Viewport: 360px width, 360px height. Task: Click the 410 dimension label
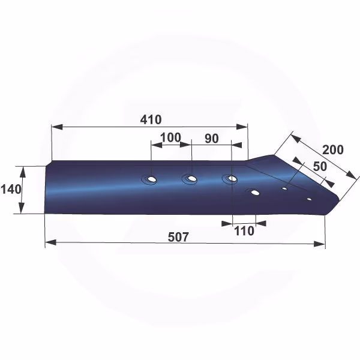[x=151, y=119]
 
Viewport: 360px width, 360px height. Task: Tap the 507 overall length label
[x=178, y=237]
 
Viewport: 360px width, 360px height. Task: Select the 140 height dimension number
[x=11, y=190]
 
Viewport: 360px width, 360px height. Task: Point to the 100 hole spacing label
[x=170, y=137]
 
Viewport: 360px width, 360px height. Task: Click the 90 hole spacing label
[x=211, y=139]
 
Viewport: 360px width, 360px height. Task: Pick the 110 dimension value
[x=244, y=231]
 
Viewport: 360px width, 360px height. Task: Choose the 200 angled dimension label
[x=333, y=149]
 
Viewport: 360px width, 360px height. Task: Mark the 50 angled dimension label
[x=320, y=166]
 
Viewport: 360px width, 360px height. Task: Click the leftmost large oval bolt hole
[x=151, y=179]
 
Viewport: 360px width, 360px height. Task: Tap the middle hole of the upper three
[x=191, y=178]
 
